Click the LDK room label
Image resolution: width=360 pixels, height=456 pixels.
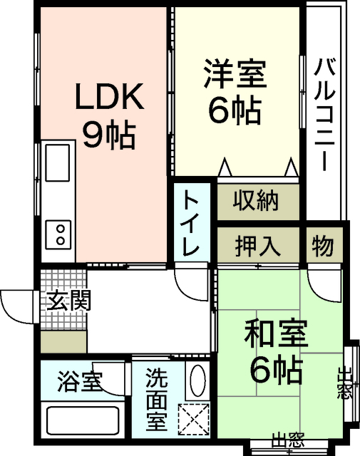point(110,97)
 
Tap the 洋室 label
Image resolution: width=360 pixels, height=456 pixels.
point(235,75)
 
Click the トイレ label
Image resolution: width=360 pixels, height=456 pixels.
point(191,223)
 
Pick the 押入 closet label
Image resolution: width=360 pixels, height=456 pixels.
point(257,246)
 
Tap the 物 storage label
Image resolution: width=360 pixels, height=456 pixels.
point(322,246)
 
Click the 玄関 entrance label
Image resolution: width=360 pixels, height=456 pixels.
point(68,300)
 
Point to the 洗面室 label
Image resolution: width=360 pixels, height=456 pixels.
point(156,398)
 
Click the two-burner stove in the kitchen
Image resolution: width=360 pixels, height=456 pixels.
point(58,234)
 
